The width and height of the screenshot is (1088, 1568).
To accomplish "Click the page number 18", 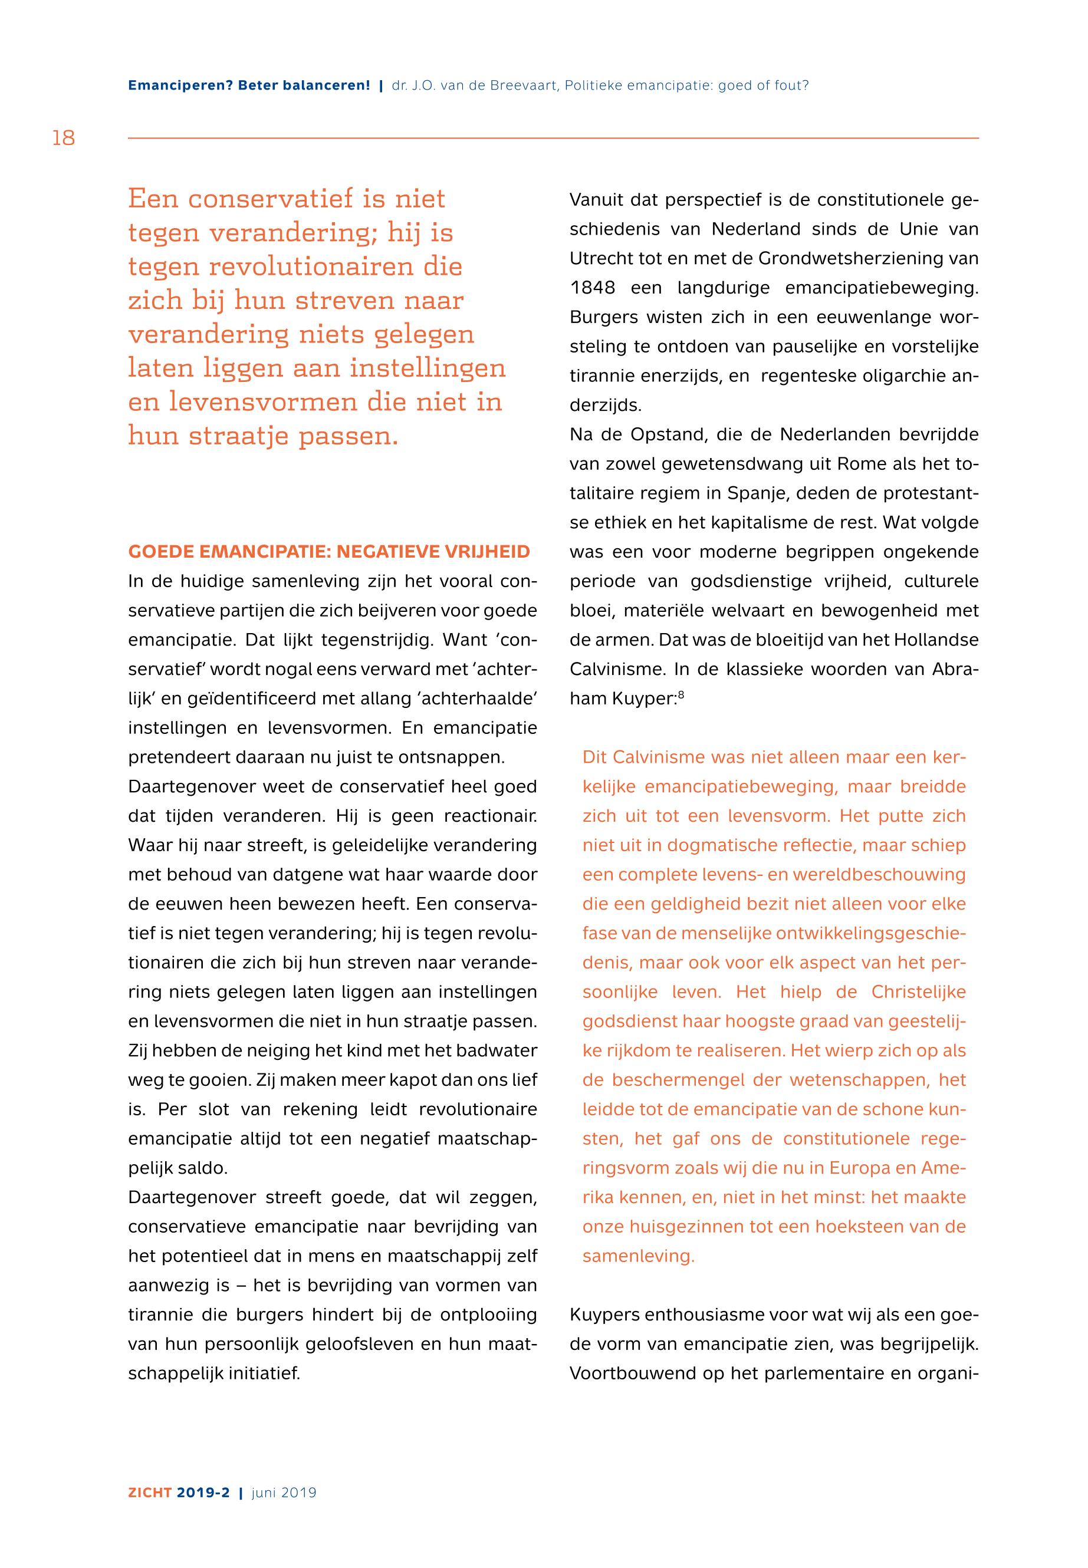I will click(x=64, y=139).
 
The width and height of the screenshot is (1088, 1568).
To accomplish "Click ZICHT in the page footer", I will click(x=150, y=1493).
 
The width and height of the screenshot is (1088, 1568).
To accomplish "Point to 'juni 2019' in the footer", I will click(x=284, y=1493).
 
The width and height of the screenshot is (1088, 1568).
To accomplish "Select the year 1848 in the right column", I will click(x=593, y=288).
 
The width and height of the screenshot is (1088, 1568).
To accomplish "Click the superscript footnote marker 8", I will click(x=681, y=696).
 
